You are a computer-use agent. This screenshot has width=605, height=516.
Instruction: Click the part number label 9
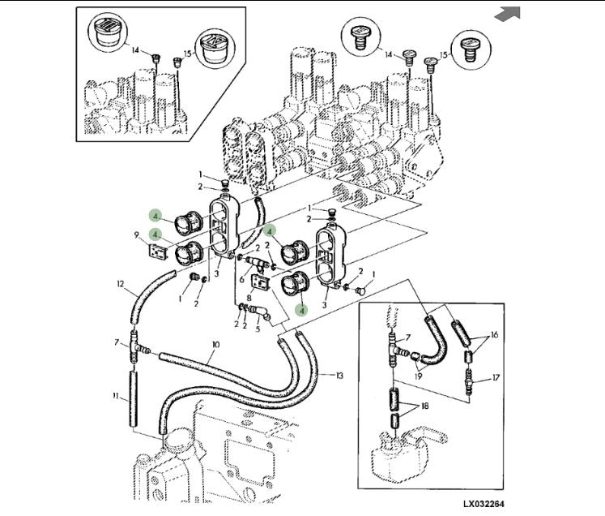[137, 235]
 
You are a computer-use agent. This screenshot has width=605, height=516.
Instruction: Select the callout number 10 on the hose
[215, 345]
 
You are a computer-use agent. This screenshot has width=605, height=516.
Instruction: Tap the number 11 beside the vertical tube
[116, 397]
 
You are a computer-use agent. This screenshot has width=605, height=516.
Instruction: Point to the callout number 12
[120, 284]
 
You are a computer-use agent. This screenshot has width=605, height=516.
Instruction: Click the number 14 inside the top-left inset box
[137, 50]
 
